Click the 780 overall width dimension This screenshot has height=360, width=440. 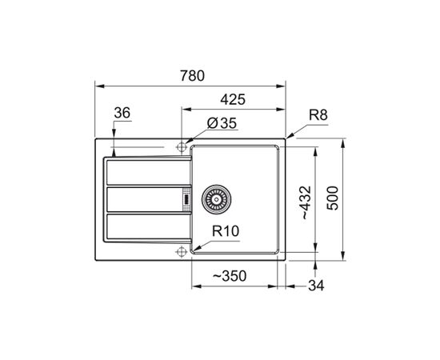192,76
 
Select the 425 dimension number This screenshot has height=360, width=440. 233,99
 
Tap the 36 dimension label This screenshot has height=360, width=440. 122,113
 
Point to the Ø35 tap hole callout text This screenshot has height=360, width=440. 222,123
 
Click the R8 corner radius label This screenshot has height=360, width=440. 318,114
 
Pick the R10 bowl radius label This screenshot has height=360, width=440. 226,231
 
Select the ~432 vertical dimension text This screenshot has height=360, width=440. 306,202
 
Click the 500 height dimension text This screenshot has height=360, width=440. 333,198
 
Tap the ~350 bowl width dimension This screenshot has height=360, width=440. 230,276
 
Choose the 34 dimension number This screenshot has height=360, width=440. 316,286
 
